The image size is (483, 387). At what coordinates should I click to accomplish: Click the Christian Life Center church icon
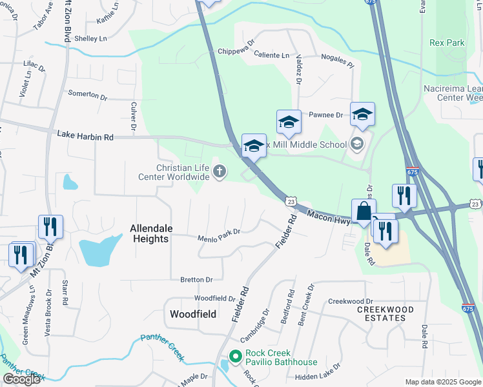point(220,172)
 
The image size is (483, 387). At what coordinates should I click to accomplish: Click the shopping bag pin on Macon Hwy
point(364,211)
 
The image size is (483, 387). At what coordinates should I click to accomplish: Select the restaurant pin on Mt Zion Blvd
point(50,226)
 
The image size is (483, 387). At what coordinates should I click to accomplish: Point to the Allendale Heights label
point(149,233)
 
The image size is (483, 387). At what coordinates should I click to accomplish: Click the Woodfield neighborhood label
point(192,314)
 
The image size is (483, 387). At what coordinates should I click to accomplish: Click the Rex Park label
point(447,43)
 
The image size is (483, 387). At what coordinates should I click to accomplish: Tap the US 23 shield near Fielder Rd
point(292,202)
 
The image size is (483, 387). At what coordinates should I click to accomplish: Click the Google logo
point(21,379)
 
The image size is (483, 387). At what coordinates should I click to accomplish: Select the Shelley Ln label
point(90,39)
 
